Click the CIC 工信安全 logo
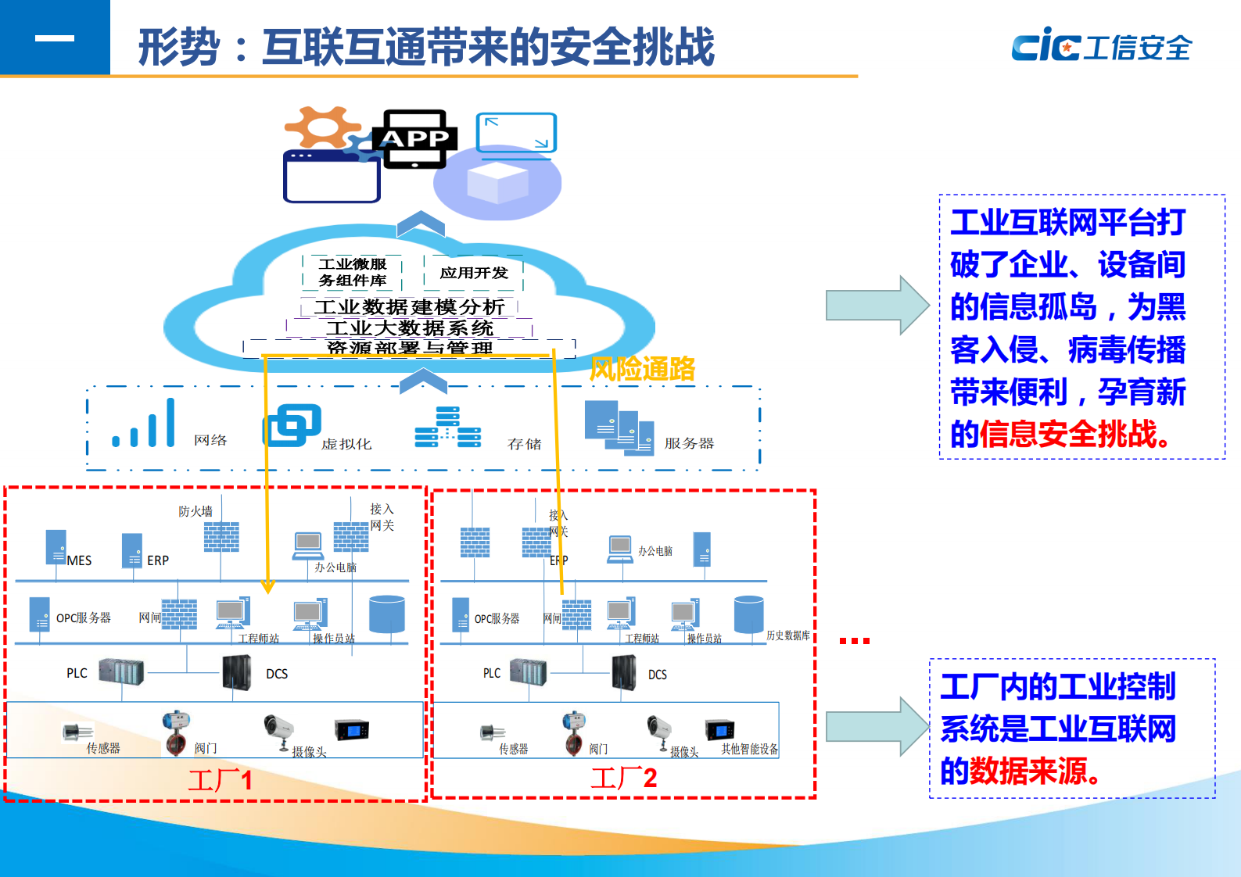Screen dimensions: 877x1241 pyautogui.click(x=1101, y=46)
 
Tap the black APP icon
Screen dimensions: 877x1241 pyautogui.click(x=414, y=139)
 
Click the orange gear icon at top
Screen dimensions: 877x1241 pyautogui.click(x=321, y=127)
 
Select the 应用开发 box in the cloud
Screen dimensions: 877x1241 pyautogui.click(x=474, y=273)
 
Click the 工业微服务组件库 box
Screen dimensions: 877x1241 pyautogui.click(x=353, y=272)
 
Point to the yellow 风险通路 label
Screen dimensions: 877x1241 pyautogui.click(x=642, y=369)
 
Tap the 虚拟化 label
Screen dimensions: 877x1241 pyautogui.click(x=346, y=444)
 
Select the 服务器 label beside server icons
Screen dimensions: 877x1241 pyautogui.click(x=689, y=443)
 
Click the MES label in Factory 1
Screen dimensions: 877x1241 pyautogui.click(x=79, y=560)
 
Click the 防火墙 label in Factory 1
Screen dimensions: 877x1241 pyautogui.click(x=195, y=511)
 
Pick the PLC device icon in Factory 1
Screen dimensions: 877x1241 pyautogui.click(x=121, y=671)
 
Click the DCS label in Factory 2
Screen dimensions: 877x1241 pyautogui.click(x=657, y=675)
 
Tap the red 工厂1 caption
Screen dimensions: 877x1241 pyautogui.click(x=221, y=780)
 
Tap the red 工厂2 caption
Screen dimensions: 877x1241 pyautogui.click(x=623, y=779)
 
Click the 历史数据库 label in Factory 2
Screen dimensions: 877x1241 pyautogui.click(x=787, y=635)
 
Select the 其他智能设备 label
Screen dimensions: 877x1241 pyautogui.click(x=749, y=749)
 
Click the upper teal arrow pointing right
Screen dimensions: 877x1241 pyautogui.click(x=877, y=305)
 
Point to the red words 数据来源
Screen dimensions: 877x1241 pyautogui.click(x=1028, y=771)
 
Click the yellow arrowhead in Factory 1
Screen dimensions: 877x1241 pyautogui.click(x=267, y=586)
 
